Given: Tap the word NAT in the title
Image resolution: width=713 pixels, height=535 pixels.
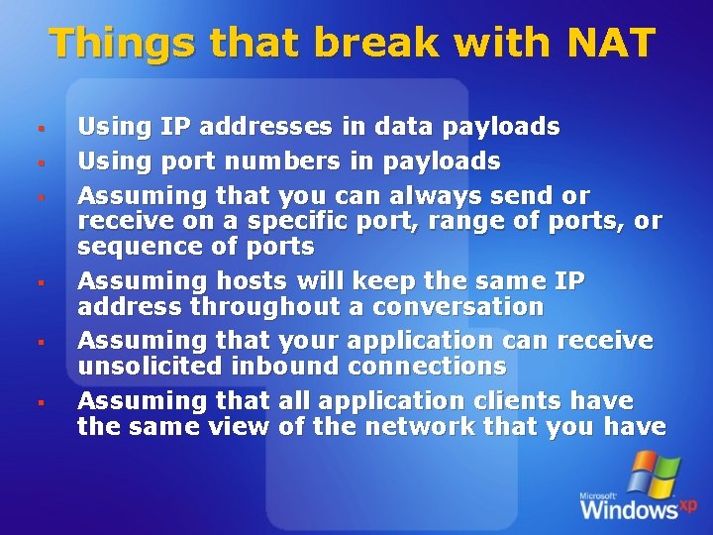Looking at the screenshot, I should point(611,43).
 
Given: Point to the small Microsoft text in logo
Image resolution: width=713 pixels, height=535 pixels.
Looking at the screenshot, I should point(599,494).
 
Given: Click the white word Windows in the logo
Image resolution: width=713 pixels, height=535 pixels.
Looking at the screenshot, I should point(628,510).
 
